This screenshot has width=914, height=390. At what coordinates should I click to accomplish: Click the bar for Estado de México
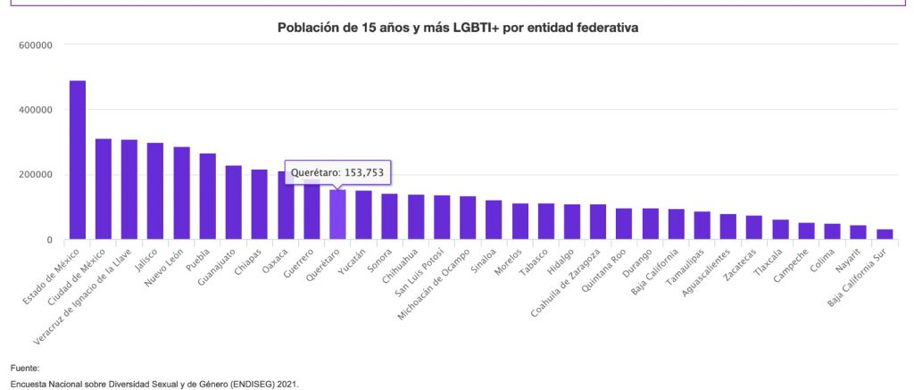78,160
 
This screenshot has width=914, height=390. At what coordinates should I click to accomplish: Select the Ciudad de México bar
104,189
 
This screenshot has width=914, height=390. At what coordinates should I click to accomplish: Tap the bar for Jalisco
155,191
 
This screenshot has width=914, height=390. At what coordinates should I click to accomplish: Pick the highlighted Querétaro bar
337,214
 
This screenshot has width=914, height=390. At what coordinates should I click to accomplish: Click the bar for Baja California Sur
885,234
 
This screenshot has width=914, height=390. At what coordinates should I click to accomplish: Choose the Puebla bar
207,195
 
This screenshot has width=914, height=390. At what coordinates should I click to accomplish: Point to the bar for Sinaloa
494,220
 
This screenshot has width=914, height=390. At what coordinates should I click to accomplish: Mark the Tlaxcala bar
780,229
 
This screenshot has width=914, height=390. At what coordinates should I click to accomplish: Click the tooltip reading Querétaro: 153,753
337,172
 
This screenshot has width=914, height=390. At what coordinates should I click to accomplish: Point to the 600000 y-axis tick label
36,45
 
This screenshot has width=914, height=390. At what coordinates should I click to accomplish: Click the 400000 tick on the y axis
36,110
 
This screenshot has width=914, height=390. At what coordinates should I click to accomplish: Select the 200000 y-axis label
36,175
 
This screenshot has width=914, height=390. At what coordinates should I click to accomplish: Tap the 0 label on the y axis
50,240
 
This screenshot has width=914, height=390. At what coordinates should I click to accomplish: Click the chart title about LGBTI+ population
458,28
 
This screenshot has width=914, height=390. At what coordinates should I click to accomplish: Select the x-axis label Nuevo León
167,263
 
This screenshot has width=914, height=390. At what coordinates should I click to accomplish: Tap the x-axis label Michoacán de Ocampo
435,283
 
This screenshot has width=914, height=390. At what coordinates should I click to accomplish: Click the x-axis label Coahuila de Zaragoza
565,282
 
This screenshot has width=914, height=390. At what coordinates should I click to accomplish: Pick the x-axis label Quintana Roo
608,268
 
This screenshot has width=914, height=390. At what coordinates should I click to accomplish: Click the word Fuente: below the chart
25,369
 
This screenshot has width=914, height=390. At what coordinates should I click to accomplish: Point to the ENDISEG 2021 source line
154,384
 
